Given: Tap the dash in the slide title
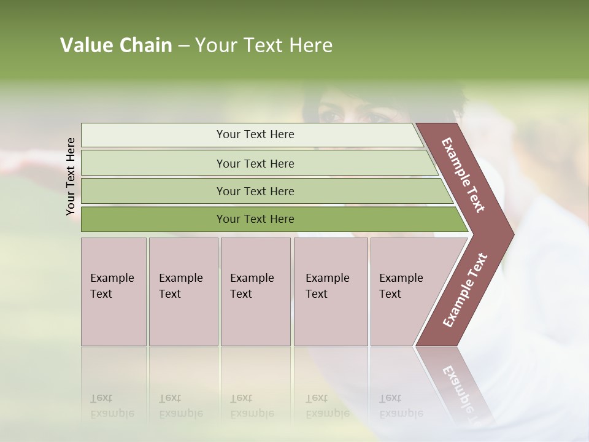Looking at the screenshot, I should [x=183, y=46].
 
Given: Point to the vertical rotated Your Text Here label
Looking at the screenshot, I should [x=71, y=176].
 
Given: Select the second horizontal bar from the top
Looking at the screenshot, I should [x=255, y=163].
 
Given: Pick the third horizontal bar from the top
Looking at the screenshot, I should [x=255, y=191].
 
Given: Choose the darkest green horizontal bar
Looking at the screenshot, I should [x=255, y=219].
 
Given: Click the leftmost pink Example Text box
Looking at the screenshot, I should [x=114, y=292].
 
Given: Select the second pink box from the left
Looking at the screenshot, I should [x=183, y=292].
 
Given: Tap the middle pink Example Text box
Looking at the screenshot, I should [x=255, y=292].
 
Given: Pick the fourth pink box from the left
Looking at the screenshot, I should [x=330, y=292].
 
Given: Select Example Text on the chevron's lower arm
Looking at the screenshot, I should [x=465, y=290].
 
